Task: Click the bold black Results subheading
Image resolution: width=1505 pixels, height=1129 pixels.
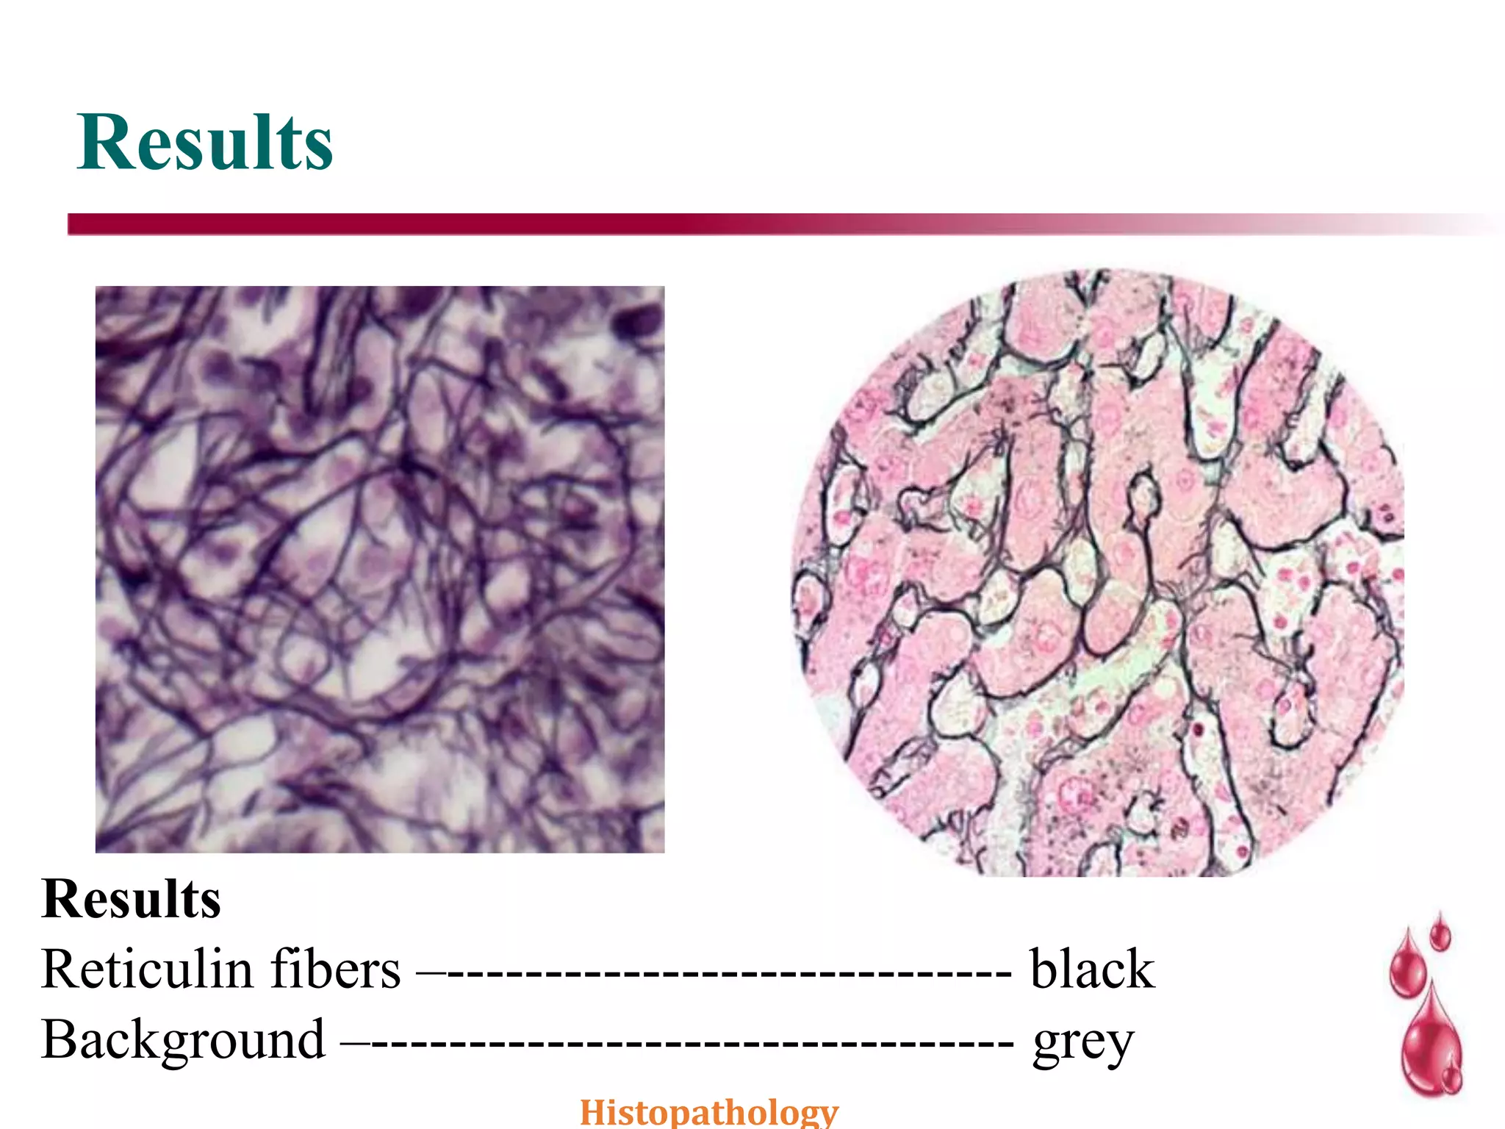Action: click(131, 899)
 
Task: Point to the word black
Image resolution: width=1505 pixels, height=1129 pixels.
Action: click(1092, 969)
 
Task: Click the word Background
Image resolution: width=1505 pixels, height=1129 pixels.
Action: click(183, 1041)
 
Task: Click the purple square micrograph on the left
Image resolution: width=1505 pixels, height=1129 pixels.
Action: click(380, 570)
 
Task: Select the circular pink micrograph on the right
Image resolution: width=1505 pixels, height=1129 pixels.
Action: click(1098, 573)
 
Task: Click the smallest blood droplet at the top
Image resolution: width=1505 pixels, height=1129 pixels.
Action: click(1440, 932)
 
